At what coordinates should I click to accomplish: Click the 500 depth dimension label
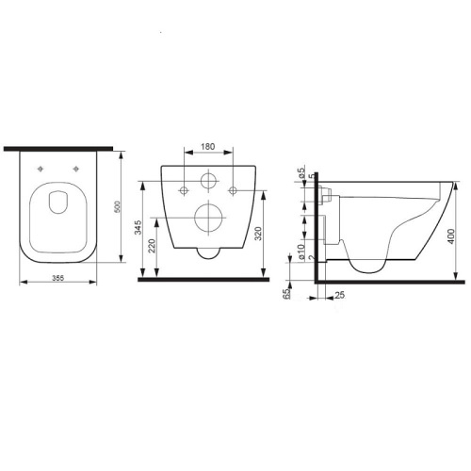coord(117,209)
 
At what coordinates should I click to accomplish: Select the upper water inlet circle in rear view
coord(209,182)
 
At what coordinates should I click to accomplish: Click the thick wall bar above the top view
coord(58,149)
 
